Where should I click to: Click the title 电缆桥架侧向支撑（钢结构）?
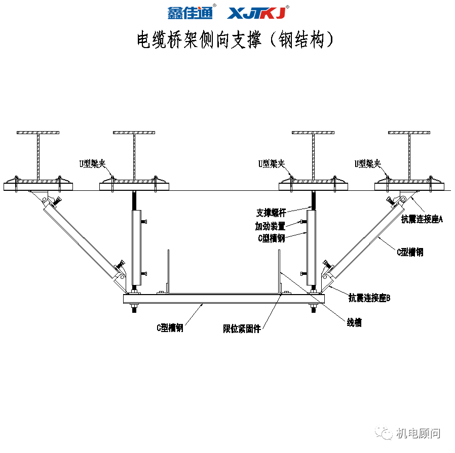point(236,39)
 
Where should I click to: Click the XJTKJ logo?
point(257,13)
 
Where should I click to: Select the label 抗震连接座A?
point(422,219)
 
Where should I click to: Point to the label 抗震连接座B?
point(369,298)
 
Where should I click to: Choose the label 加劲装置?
point(270,226)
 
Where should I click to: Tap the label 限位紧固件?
point(242,328)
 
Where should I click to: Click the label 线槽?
point(354,322)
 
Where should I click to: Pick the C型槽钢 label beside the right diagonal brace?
point(410,252)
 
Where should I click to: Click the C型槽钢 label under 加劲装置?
point(271,238)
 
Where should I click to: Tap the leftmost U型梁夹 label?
point(91,163)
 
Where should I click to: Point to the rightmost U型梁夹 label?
point(368,163)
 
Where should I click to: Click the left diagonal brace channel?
point(81,236)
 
